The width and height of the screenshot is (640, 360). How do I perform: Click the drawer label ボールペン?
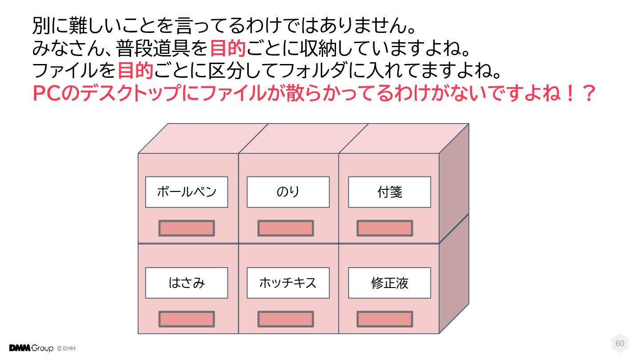[187, 192]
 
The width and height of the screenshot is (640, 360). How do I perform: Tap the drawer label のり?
[288, 192]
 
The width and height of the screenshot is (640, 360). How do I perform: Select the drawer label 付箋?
[389, 192]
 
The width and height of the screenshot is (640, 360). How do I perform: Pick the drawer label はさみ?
[187, 283]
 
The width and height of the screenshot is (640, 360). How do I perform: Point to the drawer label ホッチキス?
[288, 283]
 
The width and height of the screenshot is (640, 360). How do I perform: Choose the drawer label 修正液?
[389, 283]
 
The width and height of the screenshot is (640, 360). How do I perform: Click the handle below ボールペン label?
[187, 228]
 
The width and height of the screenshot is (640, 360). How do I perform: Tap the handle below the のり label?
[286, 228]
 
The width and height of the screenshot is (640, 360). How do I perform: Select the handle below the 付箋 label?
[385, 228]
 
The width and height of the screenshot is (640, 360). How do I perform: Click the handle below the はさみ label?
[187, 319]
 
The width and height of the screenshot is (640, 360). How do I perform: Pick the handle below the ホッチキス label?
[286, 319]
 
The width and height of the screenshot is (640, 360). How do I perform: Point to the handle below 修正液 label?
[385, 319]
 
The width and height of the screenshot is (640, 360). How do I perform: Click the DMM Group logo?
[31, 348]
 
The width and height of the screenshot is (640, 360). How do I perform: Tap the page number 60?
[620, 344]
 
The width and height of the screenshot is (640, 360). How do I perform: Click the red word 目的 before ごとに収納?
[228, 48]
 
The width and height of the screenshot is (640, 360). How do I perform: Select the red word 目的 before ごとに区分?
[136, 71]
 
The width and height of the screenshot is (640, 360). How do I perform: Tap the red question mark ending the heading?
[588, 93]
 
